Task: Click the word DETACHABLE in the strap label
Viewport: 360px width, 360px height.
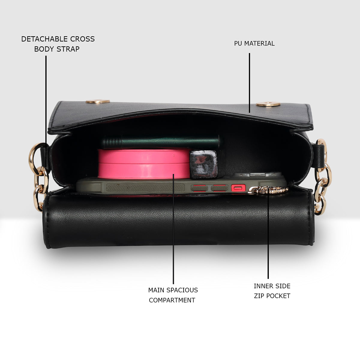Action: pyautogui.click(x=44, y=39)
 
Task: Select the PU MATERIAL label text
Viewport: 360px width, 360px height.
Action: pyautogui.click(x=254, y=43)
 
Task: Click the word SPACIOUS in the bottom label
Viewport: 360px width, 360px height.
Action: pyautogui.click(x=182, y=290)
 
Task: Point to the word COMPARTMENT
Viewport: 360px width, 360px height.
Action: pyautogui.click(x=172, y=300)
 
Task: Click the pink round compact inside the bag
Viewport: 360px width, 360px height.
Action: pyautogui.click(x=144, y=164)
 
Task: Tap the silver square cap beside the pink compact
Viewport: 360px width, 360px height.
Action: pyautogui.click(x=203, y=164)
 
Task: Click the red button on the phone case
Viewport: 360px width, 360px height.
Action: pyautogui.click(x=238, y=188)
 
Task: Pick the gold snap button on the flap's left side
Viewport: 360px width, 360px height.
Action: pyautogui.click(x=98, y=102)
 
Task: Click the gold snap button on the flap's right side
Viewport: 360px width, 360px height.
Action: pyautogui.click(x=268, y=104)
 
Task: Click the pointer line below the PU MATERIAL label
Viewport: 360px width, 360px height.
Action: pyautogui.click(x=249, y=83)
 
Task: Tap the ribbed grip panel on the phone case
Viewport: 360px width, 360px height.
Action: pyautogui.click(x=145, y=187)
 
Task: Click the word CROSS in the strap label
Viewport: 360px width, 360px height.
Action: pyautogui.click(x=82, y=39)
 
